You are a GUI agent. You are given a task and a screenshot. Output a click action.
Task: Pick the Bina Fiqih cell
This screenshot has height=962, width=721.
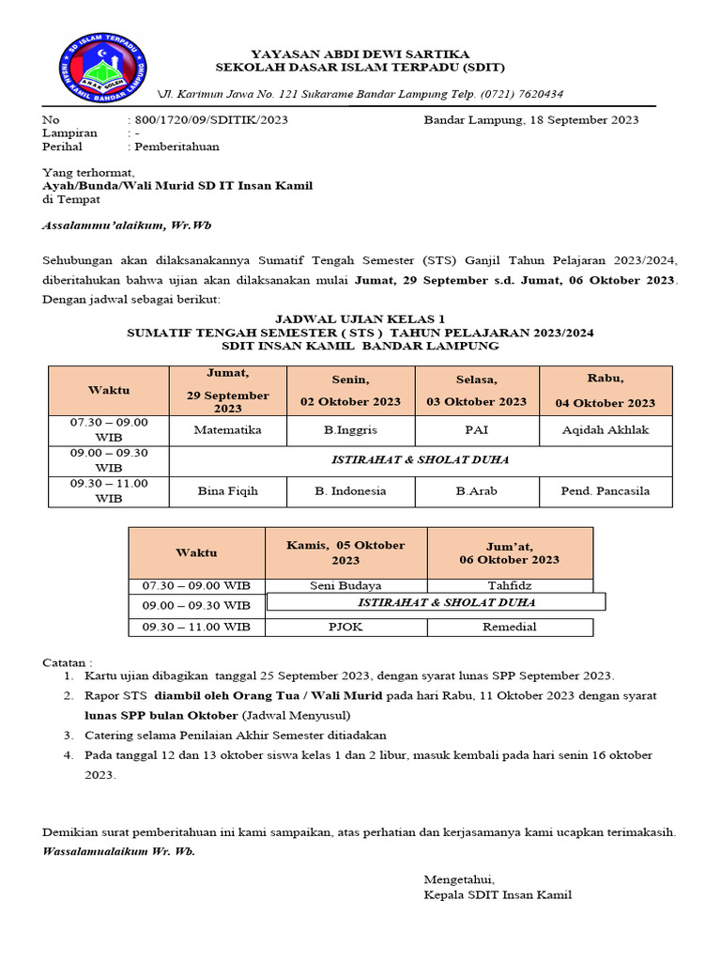coord(227,490)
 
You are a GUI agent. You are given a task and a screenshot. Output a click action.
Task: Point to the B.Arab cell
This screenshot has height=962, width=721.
coord(477,490)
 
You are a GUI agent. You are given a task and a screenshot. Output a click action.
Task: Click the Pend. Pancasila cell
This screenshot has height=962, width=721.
coord(606,490)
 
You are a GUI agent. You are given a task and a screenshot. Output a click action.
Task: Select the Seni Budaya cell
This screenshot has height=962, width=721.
coord(345,586)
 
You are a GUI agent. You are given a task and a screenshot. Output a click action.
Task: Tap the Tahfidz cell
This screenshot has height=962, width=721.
coord(510,586)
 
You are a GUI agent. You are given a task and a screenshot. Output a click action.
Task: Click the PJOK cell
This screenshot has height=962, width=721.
coord(345,627)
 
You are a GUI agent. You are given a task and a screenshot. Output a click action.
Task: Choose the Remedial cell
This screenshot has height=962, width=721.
coord(510,627)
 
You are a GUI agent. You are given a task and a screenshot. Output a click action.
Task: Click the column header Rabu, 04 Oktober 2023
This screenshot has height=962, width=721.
coord(606,391)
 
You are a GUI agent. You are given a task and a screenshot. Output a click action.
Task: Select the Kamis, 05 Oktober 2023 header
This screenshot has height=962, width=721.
coord(345,552)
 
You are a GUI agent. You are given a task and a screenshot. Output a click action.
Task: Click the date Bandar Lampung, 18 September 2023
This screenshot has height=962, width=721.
coord(530,120)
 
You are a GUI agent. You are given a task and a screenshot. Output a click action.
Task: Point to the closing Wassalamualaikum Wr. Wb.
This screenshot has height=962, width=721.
coord(120,851)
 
